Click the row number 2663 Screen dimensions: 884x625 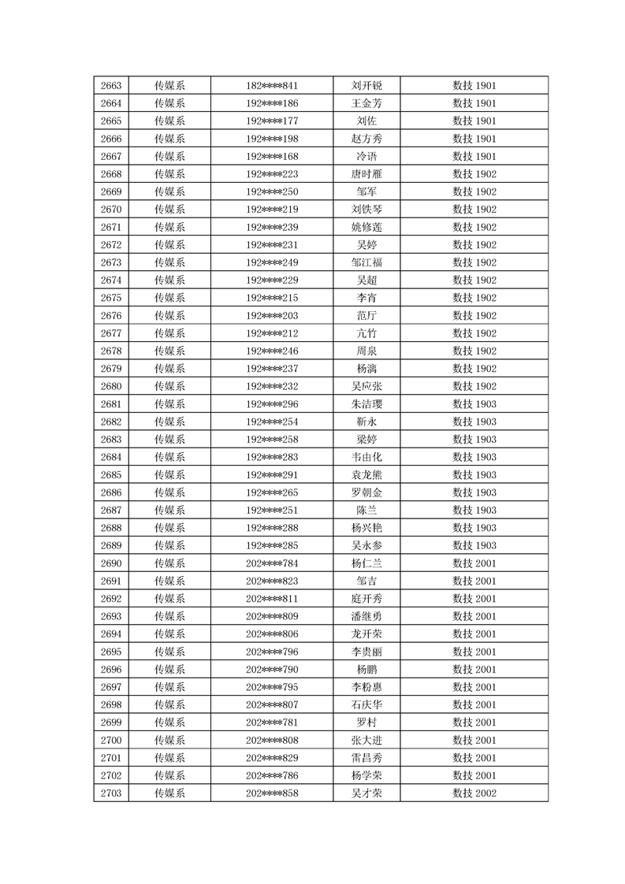[111, 86]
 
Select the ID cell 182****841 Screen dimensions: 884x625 [272, 86]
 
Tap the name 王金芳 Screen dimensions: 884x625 [366, 103]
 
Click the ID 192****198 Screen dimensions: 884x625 [272, 139]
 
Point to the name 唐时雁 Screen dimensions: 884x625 [366, 174]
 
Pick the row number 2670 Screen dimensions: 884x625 [111, 210]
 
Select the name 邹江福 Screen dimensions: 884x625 [366, 262]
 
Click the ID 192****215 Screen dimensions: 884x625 [272, 298]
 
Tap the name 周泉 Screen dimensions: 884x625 [366, 351]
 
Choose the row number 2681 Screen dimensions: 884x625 [111, 404]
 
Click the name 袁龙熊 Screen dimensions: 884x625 [366, 475]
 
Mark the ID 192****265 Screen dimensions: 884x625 [272, 492]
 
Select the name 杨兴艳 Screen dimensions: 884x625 [366, 528]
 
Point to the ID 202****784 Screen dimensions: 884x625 [272, 563]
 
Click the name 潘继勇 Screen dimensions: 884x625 [366, 616]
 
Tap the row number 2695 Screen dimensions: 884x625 [111, 652]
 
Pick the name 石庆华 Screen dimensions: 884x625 [366, 704]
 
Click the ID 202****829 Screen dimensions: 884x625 [272, 758]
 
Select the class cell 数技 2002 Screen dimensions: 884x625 [474, 793]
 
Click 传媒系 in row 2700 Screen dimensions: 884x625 [169, 740]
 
